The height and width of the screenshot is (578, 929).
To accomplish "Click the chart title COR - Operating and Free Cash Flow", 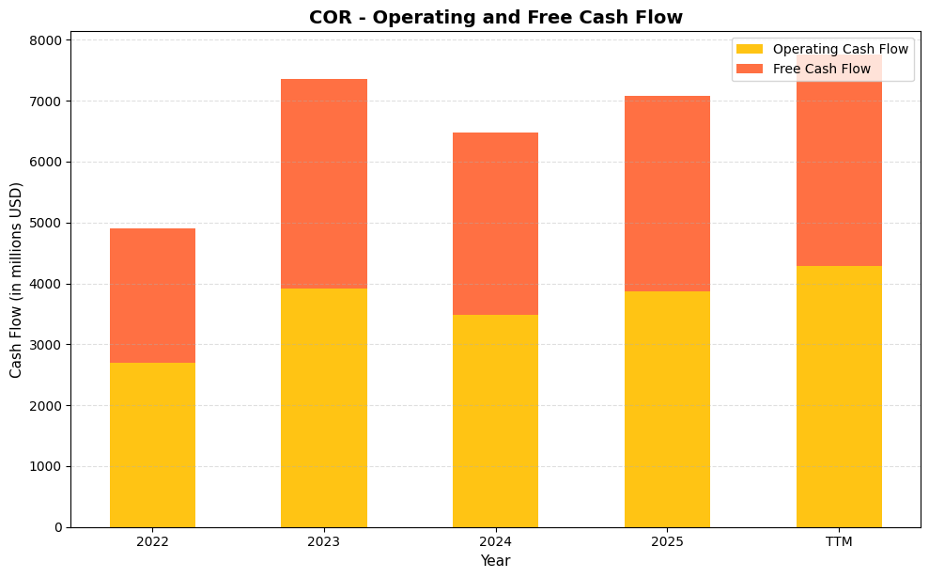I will point(495,17).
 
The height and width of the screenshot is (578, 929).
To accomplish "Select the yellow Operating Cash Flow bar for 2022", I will point(152,445).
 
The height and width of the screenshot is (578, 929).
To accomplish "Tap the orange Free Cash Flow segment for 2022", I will point(152,295).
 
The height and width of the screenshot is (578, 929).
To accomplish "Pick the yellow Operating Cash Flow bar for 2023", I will point(324,407).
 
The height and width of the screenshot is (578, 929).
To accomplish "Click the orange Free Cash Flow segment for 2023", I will point(324,183).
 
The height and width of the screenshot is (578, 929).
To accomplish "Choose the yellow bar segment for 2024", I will point(495,420).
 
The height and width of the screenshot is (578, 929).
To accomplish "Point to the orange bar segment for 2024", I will point(495,224).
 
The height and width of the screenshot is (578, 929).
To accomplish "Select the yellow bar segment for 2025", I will point(667,409).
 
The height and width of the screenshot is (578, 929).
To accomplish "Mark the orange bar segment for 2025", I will point(667,194).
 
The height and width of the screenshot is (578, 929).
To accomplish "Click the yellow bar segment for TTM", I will point(839,396).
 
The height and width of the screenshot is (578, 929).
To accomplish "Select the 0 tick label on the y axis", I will point(56,527).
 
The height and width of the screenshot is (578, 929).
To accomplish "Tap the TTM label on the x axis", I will point(839,542).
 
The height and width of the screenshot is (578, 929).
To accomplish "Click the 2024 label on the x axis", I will point(495,542).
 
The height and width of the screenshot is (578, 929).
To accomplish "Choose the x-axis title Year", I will point(495,561).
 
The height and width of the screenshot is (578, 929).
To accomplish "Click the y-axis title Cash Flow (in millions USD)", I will point(16,280).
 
